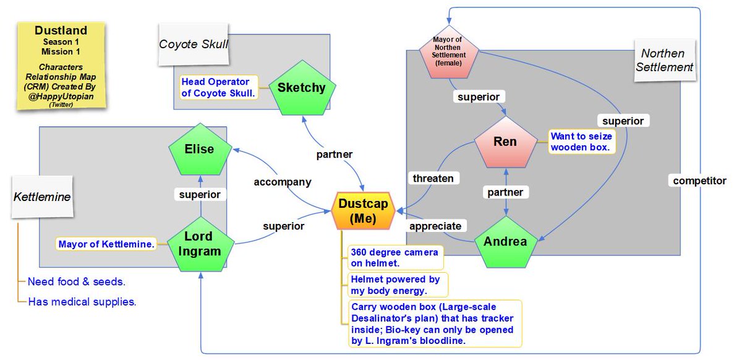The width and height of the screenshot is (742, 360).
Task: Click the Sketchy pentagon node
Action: point(301,88)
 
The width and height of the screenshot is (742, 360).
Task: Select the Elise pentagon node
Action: point(199,150)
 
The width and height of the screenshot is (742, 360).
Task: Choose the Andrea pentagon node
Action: point(506,243)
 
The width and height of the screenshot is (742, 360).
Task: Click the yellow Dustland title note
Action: point(61,66)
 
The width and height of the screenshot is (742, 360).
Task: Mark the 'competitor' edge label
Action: point(699,181)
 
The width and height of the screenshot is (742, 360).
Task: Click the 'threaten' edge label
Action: point(433,178)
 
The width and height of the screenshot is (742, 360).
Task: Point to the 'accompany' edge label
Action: point(282,182)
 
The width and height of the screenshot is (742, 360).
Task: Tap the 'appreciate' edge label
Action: point(435,226)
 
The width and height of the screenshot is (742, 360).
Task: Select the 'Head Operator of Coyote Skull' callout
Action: point(215,88)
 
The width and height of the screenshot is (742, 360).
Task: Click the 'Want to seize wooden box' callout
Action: point(580,142)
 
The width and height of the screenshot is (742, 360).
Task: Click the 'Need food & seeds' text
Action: point(76,282)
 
